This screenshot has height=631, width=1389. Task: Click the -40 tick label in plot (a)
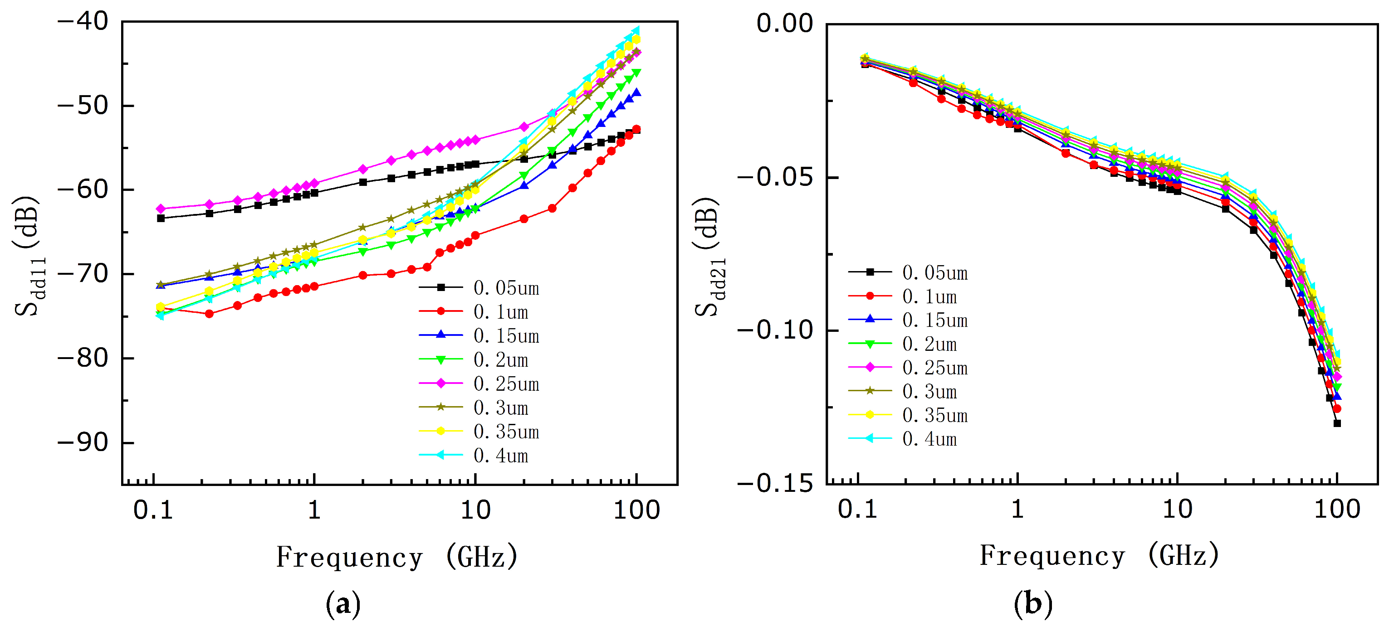(83, 22)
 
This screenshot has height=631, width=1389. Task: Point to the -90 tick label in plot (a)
(83, 442)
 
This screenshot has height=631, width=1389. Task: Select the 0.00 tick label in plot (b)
(785, 24)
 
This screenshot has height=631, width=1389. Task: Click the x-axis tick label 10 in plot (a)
(475, 510)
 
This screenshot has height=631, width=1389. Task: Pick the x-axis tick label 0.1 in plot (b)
(857, 509)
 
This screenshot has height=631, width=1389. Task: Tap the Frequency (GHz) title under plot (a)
(397, 557)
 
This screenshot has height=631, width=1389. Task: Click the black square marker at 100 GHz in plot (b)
(1337, 423)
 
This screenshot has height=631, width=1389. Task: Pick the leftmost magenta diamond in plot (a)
(160, 209)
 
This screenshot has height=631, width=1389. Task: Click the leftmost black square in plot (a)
(161, 218)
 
